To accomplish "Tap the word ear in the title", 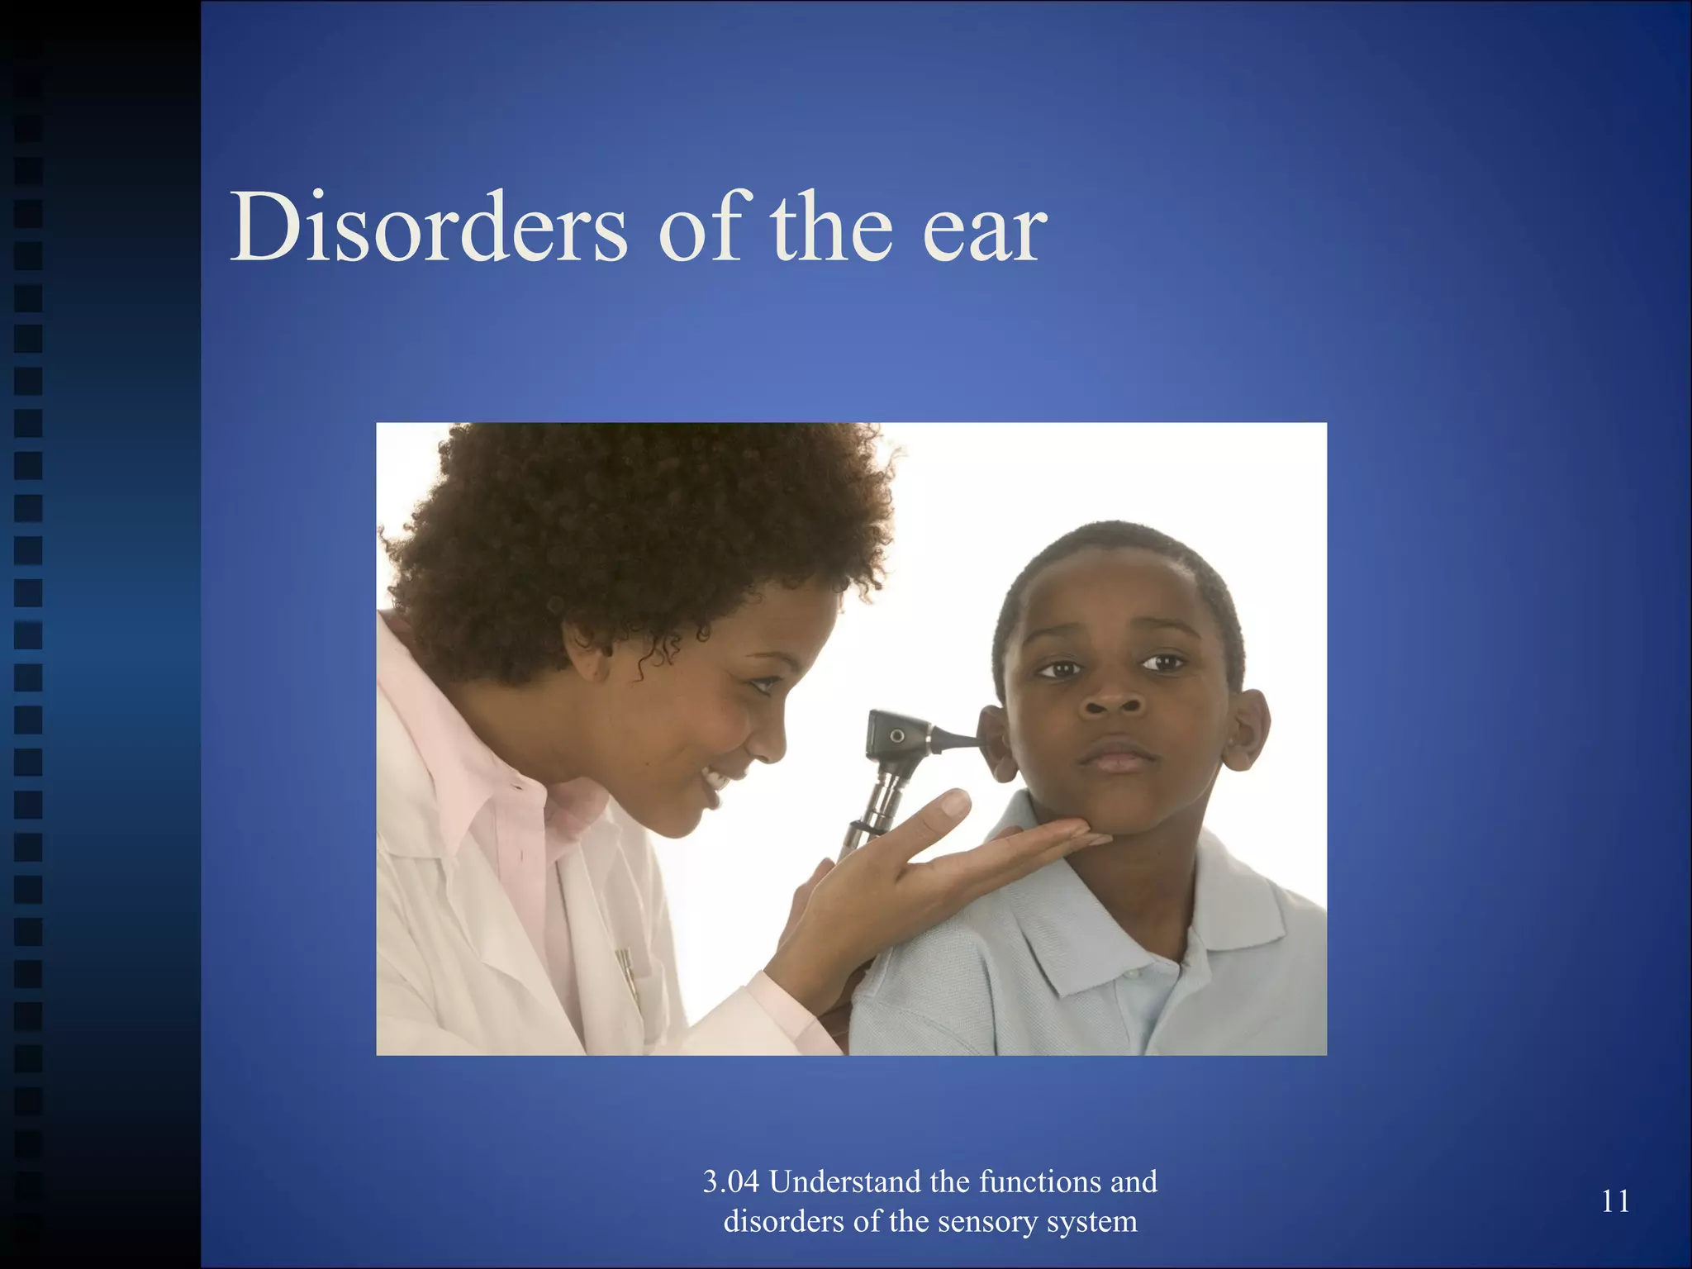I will [x=984, y=231].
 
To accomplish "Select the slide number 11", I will [x=1615, y=1201].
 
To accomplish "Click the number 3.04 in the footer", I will [x=730, y=1182].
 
